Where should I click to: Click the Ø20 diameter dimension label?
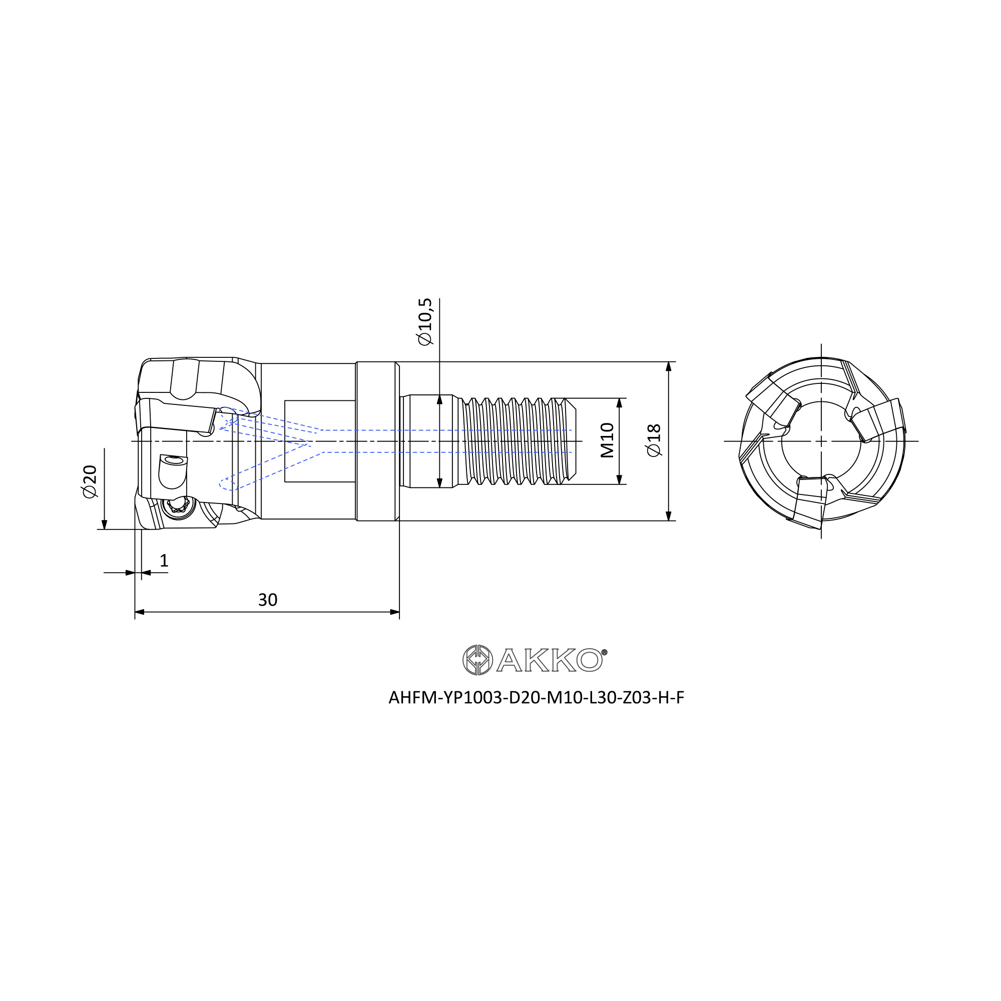pos(90,482)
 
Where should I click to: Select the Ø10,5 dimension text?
pos(424,322)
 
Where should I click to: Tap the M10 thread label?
pos(607,440)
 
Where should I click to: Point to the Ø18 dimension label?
pos(654,440)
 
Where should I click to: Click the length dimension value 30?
pos(267,600)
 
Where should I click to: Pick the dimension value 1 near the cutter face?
pos(164,561)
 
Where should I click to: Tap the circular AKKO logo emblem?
pos(477,660)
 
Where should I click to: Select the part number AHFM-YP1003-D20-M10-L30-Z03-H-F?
pos(536,698)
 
